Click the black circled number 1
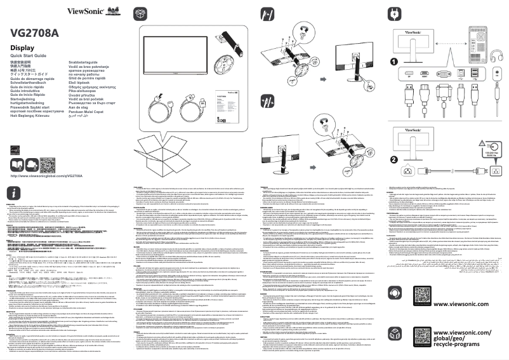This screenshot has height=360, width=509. coord(394,62)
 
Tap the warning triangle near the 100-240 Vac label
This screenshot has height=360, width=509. coord(486,143)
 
